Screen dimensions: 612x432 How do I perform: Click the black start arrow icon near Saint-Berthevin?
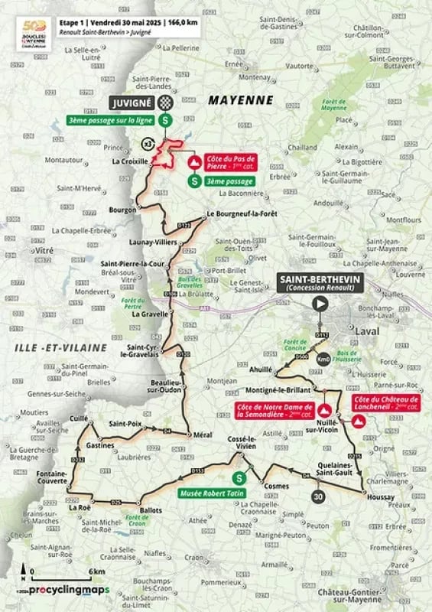[x=320, y=304]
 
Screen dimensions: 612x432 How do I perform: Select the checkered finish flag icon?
[x=173, y=102]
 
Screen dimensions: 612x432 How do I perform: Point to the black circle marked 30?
[x=317, y=496]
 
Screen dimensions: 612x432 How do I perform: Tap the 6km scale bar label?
[x=96, y=571]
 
